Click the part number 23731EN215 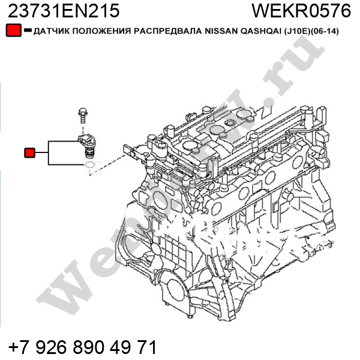tap(64, 11)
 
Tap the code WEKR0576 tap(301, 11)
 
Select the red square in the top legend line tap(14, 31)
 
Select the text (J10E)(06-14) tap(311, 31)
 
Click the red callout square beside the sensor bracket tap(29, 152)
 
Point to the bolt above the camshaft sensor tap(83, 115)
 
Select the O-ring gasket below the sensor tap(89, 164)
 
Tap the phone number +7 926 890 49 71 tap(82, 347)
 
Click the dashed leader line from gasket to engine tap(107, 165)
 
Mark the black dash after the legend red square tap(28, 30)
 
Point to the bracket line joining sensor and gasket tap(49, 152)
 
